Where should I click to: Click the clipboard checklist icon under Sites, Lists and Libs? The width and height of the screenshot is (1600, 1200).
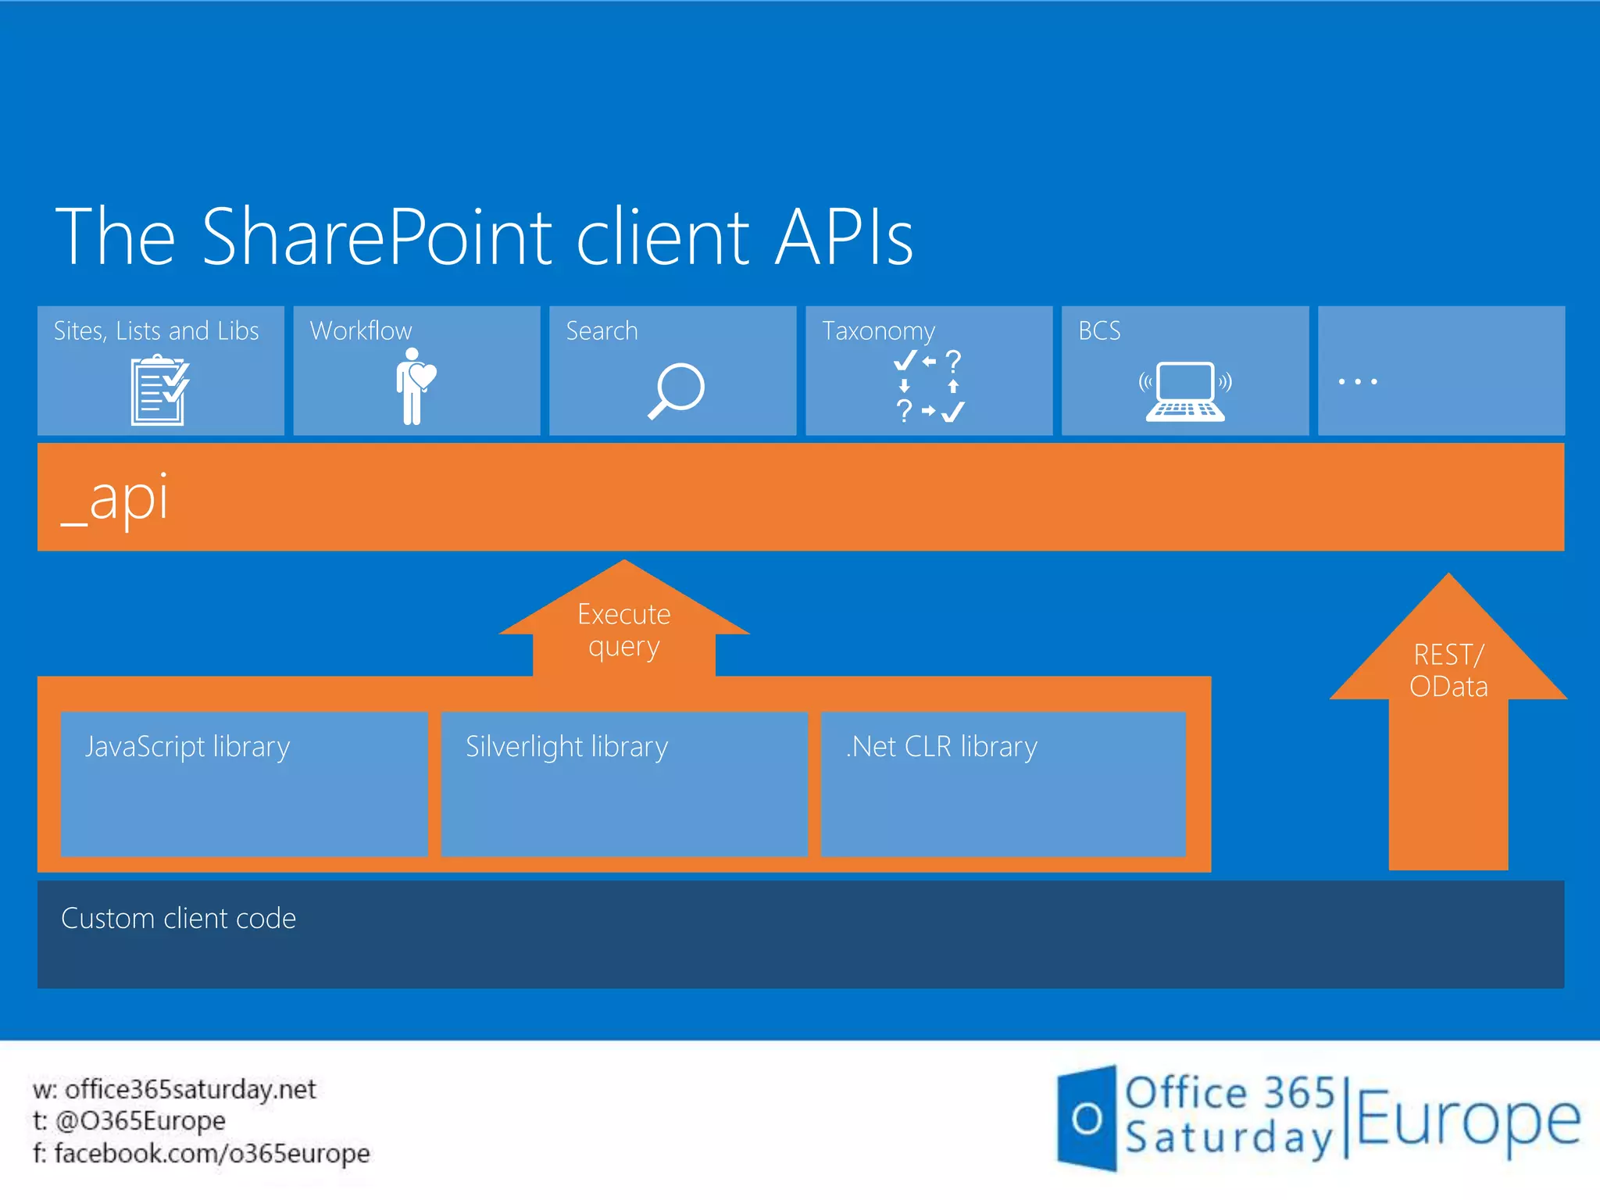click(x=159, y=390)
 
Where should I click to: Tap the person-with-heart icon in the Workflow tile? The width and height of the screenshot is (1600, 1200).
click(x=415, y=386)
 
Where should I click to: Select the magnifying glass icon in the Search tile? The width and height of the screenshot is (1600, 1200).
click(x=676, y=391)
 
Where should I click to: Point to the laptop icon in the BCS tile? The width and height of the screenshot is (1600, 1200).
click(x=1185, y=391)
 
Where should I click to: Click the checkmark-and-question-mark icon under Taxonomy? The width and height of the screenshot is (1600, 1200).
click(x=929, y=386)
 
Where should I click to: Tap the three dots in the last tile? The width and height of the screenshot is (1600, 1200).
click(x=1357, y=382)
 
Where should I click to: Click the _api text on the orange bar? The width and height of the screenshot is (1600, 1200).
click(x=115, y=498)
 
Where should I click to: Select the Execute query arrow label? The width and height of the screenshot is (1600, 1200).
click(x=623, y=630)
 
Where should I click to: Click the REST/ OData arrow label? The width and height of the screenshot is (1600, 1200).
click(x=1448, y=670)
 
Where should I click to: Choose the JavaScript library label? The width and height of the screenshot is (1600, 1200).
click(x=187, y=747)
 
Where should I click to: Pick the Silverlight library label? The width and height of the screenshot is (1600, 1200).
click(x=566, y=747)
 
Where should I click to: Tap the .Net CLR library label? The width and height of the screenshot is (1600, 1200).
click(x=941, y=747)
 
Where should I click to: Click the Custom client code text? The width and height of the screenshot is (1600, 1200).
click(x=178, y=919)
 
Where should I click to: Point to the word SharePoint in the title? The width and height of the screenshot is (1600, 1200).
click(x=377, y=237)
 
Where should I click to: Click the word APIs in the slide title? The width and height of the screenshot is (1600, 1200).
click(x=844, y=237)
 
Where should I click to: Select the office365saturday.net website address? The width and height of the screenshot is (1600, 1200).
click(x=190, y=1089)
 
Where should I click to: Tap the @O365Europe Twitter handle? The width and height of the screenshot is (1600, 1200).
click(x=141, y=1121)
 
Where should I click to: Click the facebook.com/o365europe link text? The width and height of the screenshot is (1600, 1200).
click(x=212, y=1153)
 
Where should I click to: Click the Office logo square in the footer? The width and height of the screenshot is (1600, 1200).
click(x=1087, y=1118)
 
